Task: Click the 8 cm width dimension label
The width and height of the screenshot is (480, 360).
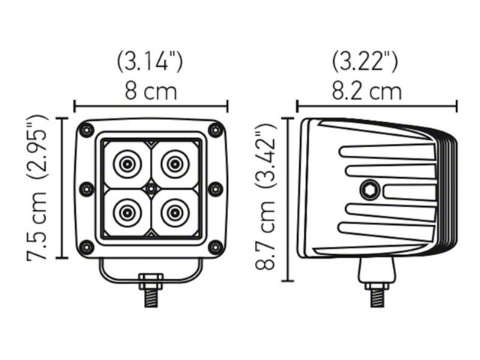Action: click(151, 91)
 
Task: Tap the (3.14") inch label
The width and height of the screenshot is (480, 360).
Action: click(150, 62)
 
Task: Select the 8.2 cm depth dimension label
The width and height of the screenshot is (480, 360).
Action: click(367, 91)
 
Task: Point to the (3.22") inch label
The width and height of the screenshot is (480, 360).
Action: click(365, 62)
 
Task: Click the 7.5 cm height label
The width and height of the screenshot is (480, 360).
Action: click(37, 226)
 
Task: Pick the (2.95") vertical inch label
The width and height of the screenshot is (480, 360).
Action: click(37, 146)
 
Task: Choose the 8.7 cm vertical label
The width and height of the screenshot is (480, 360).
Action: click(265, 235)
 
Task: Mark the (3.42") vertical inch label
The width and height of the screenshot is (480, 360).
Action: click(265, 155)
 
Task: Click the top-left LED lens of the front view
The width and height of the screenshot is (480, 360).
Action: click(127, 164)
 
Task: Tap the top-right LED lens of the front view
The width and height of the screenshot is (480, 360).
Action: click(175, 164)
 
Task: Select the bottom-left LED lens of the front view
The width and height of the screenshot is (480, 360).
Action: click(127, 212)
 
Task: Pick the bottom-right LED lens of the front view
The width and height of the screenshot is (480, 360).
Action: click(175, 212)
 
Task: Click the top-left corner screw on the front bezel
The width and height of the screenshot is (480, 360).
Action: click(86, 130)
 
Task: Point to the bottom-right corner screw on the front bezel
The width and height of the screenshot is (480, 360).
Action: click(216, 247)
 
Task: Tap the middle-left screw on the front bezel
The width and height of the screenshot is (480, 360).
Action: click(86, 189)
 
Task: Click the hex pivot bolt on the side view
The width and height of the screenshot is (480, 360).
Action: click(370, 190)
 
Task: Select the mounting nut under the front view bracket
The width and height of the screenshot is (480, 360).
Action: click(151, 282)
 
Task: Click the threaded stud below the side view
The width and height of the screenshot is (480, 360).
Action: click(377, 298)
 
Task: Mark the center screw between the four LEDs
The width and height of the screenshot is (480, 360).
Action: click(151, 189)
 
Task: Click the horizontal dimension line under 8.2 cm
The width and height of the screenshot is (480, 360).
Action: click(376, 106)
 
